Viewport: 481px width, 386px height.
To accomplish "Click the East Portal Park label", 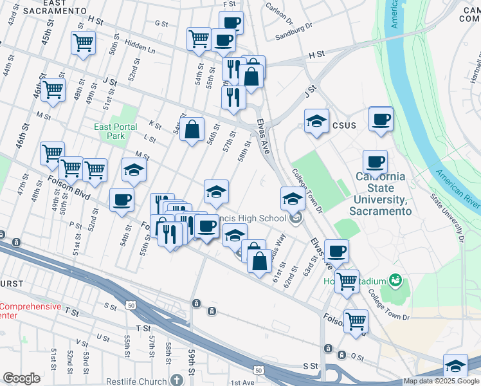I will pos(116,131).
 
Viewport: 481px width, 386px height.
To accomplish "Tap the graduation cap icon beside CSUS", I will pos(316,122).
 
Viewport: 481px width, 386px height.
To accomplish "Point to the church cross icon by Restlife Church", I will pos(177,380).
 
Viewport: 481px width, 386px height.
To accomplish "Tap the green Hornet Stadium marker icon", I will pos(395,280).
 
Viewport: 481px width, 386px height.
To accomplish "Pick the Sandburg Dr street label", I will pos(295,31).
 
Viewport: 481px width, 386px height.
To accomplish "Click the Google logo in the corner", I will pos(22,378).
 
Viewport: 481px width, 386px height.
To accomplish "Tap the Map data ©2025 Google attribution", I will pos(441,381).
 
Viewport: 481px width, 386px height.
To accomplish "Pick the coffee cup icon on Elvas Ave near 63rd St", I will pos(336,251).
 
